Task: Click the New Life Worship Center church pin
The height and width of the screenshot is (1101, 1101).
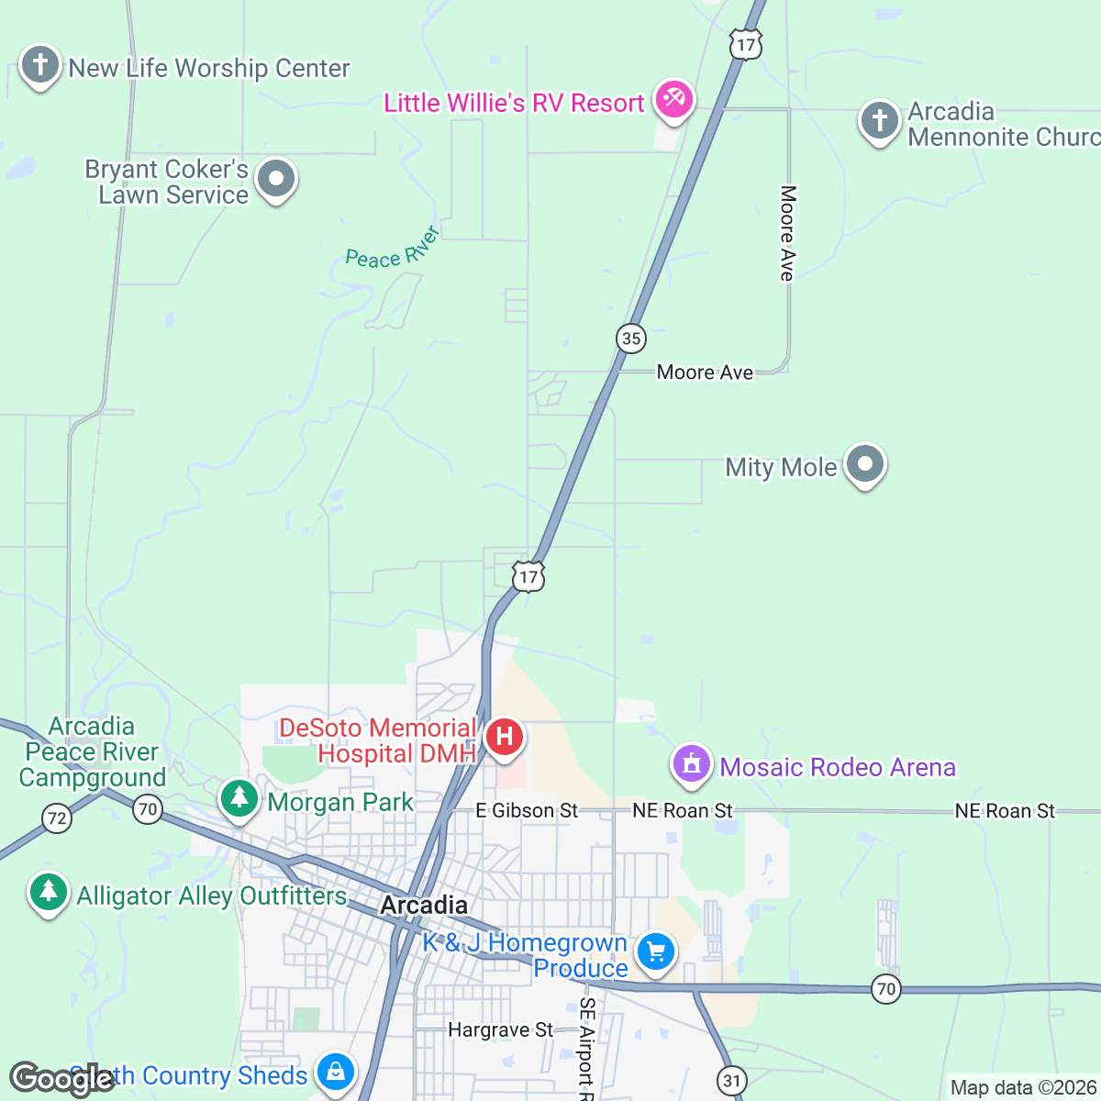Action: (40, 66)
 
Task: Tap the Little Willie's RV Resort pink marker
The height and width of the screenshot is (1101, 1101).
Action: (674, 99)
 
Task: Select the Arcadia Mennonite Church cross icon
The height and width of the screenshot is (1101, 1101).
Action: (879, 121)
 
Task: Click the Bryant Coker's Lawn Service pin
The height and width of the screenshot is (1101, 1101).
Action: (275, 180)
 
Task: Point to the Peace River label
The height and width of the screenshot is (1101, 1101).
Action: (393, 249)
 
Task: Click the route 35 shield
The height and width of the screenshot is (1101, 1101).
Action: (631, 338)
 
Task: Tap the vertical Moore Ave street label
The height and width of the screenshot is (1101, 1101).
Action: (787, 233)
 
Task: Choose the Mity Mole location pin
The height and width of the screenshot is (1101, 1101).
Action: (864, 465)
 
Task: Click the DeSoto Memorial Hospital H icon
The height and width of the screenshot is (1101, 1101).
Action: (504, 737)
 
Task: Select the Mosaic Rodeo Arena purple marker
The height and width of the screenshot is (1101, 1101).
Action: (692, 765)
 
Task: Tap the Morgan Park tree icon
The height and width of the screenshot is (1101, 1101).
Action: (239, 799)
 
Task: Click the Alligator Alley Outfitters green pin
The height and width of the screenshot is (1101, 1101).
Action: (49, 893)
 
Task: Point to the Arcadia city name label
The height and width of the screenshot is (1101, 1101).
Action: (424, 906)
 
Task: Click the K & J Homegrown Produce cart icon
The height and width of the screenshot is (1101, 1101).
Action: (655, 952)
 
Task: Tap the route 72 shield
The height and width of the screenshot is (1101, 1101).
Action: (57, 817)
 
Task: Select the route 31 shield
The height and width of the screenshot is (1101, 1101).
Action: (731, 1080)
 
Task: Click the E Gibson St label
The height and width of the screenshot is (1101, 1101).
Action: (527, 810)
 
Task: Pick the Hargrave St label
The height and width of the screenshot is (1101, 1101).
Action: (500, 1030)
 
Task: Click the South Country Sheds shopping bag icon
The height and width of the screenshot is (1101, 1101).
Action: (335, 1073)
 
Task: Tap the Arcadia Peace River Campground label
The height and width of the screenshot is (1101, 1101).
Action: (92, 752)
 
